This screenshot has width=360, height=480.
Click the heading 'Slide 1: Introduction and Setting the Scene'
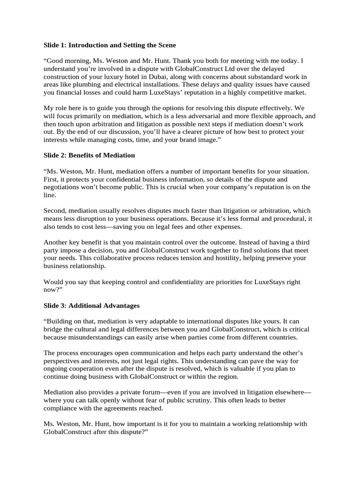point(110,45)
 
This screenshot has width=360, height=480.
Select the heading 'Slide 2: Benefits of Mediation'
point(89,155)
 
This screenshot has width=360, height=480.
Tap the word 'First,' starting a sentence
point(52,180)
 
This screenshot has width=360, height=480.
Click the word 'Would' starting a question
point(53,282)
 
